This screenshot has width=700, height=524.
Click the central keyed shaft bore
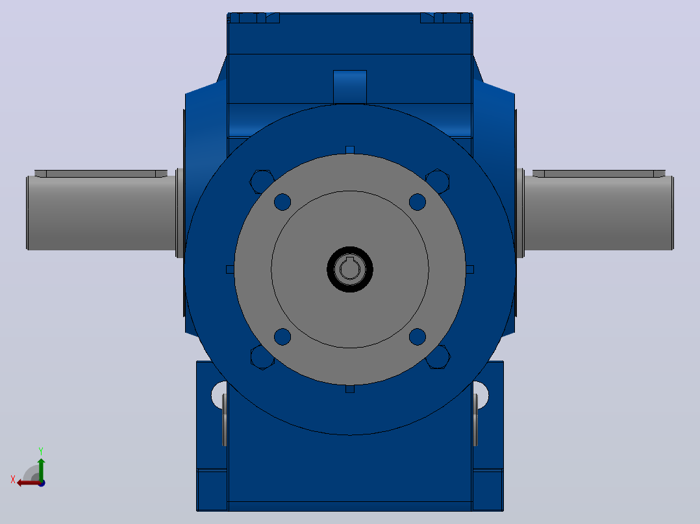(350, 269)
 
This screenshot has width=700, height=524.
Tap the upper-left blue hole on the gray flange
(282, 202)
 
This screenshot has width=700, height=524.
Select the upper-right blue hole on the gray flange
(418, 202)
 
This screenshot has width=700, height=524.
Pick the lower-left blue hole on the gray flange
(282, 337)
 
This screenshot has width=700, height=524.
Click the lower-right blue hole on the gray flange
(418, 337)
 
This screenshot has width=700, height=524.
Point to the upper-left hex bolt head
(261, 182)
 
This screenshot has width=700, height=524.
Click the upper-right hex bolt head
(438, 181)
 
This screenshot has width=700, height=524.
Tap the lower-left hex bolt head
(262, 357)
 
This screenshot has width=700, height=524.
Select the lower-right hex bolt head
(438, 357)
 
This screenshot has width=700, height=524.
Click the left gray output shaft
(101, 213)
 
